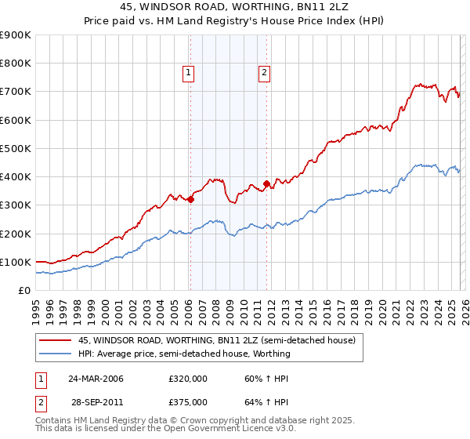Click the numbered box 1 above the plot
[x=189, y=73]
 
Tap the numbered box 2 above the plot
[x=264, y=73]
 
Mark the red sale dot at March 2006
[x=190, y=199]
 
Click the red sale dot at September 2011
[x=266, y=184]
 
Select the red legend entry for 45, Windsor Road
[x=217, y=340]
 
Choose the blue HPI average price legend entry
[x=184, y=354]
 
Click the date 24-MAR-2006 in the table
[x=95, y=379]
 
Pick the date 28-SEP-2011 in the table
[x=95, y=401]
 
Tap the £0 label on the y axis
[x=23, y=290]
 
